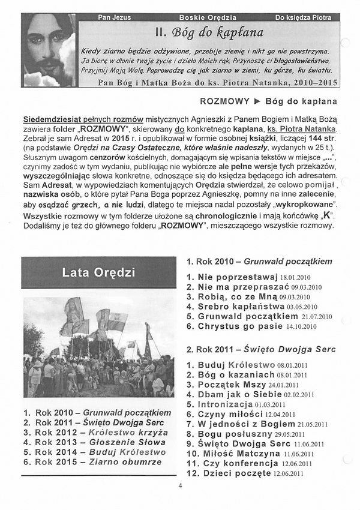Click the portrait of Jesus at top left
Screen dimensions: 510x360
(48, 50)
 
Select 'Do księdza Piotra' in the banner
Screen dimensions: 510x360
(303, 17)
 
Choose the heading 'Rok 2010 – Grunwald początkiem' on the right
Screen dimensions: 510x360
(259, 262)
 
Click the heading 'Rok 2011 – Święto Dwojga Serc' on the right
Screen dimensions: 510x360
(261, 349)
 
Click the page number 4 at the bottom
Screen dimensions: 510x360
(180, 487)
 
